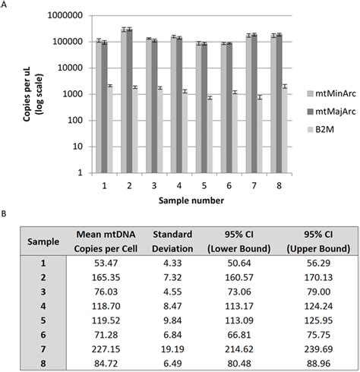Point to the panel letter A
(x=5, y=5)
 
